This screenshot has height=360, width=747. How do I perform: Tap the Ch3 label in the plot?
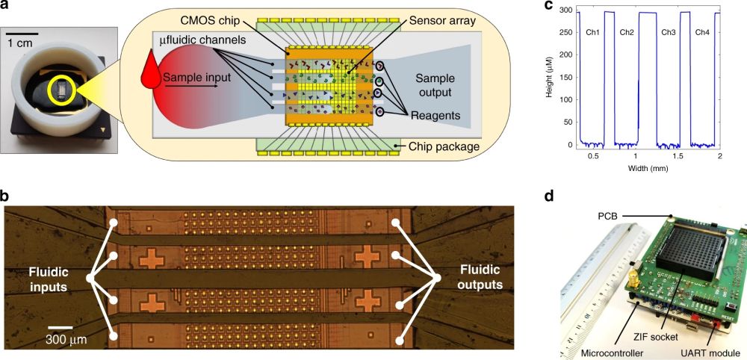tap(669, 32)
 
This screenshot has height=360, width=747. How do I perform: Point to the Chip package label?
tap(443, 146)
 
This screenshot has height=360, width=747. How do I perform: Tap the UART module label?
tap(709, 350)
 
